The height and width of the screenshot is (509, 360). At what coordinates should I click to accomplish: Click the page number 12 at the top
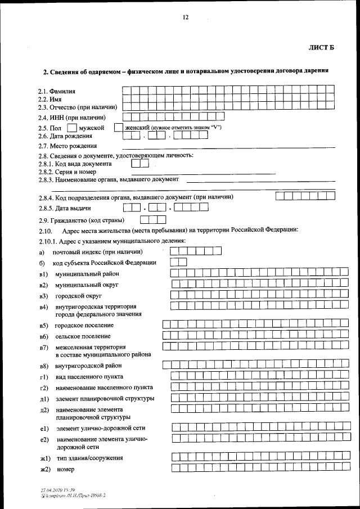click(185, 17)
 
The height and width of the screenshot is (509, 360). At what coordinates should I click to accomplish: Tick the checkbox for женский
click(118, 128)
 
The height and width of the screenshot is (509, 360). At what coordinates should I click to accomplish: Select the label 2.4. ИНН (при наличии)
click(72, 118)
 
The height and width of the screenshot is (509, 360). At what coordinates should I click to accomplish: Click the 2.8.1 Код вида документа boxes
click(139, 163)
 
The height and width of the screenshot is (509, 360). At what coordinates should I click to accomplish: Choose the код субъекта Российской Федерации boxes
click(178, 262)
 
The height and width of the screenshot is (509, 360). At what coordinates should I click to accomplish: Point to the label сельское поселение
click(83, 336)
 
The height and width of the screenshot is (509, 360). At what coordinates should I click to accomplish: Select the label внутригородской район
click(88, 366)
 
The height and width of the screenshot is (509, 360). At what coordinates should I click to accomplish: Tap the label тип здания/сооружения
click(89, 458)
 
